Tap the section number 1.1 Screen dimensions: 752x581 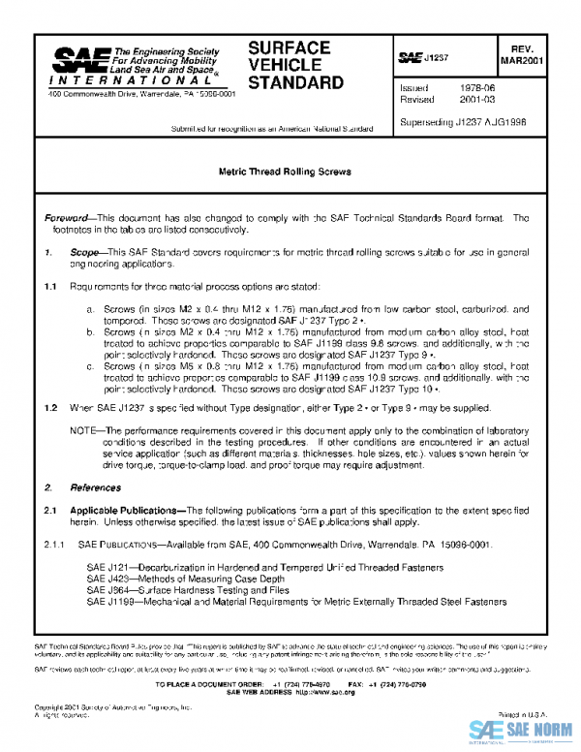coord(51,287)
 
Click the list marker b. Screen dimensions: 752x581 coord(90,331)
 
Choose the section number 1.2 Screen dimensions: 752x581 coord(51,409)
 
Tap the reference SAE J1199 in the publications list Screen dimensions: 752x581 coord(106,602)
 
